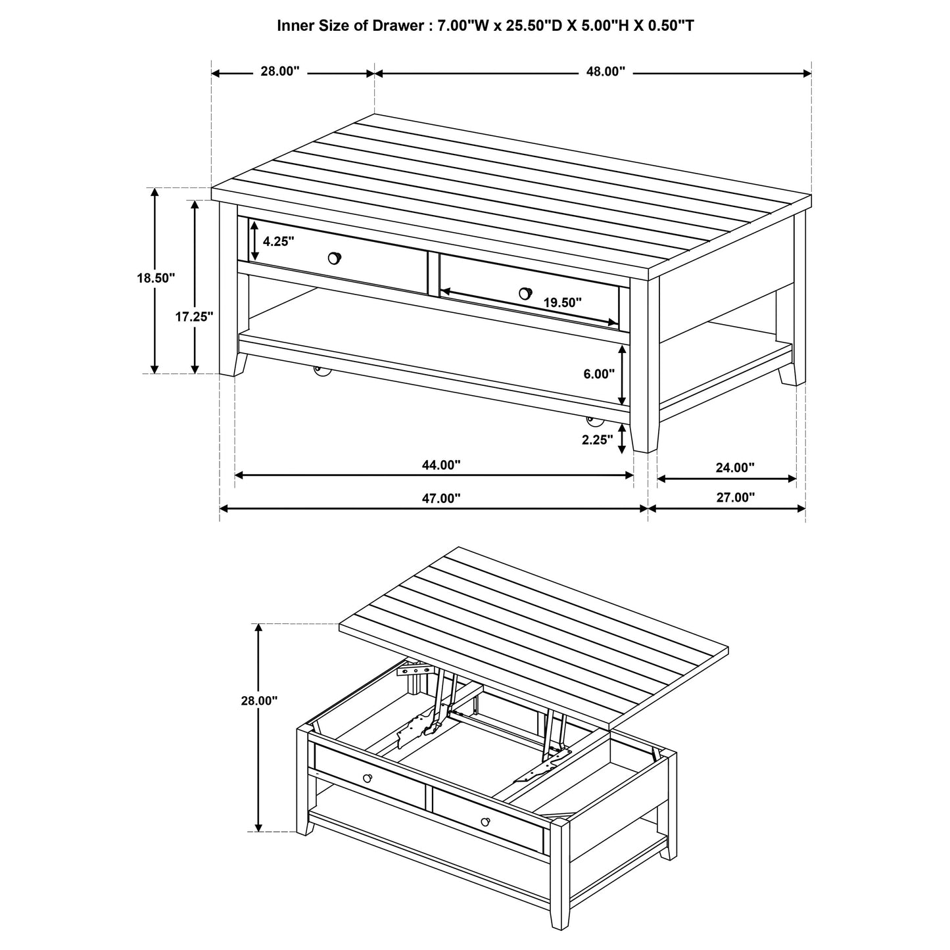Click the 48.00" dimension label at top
pyautogui.click(x=605, y=72)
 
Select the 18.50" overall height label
pyautogui.click(x=156, y=278)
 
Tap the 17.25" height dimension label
pyautogui.click(x=195, y=316)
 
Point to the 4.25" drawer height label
pyautogui.click(x=278, y=241)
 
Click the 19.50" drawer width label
pyautogui.click(x=563, y=302)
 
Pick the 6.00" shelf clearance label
pyautogui.click(x=598, y=373)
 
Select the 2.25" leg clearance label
pyautogui.click(x=598, y=440)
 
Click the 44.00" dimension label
pyautogui.click(x=441, y=465)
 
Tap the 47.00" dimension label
pyautogui.click(x=441, y=498)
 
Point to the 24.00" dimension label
pyautogui.click(x=734, y=468)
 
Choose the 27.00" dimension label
pyautogui.click(x=735, y=498)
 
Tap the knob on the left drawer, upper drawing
pyautogui.click(x=335, y=258)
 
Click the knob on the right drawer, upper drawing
pyautogui.click(x=525, y=293)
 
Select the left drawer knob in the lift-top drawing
pyautogui.click(x=367, y=778)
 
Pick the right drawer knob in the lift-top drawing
pyautogui.click(x=485, y=821)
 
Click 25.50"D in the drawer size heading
pyautogui.click(x=523, y=26)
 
